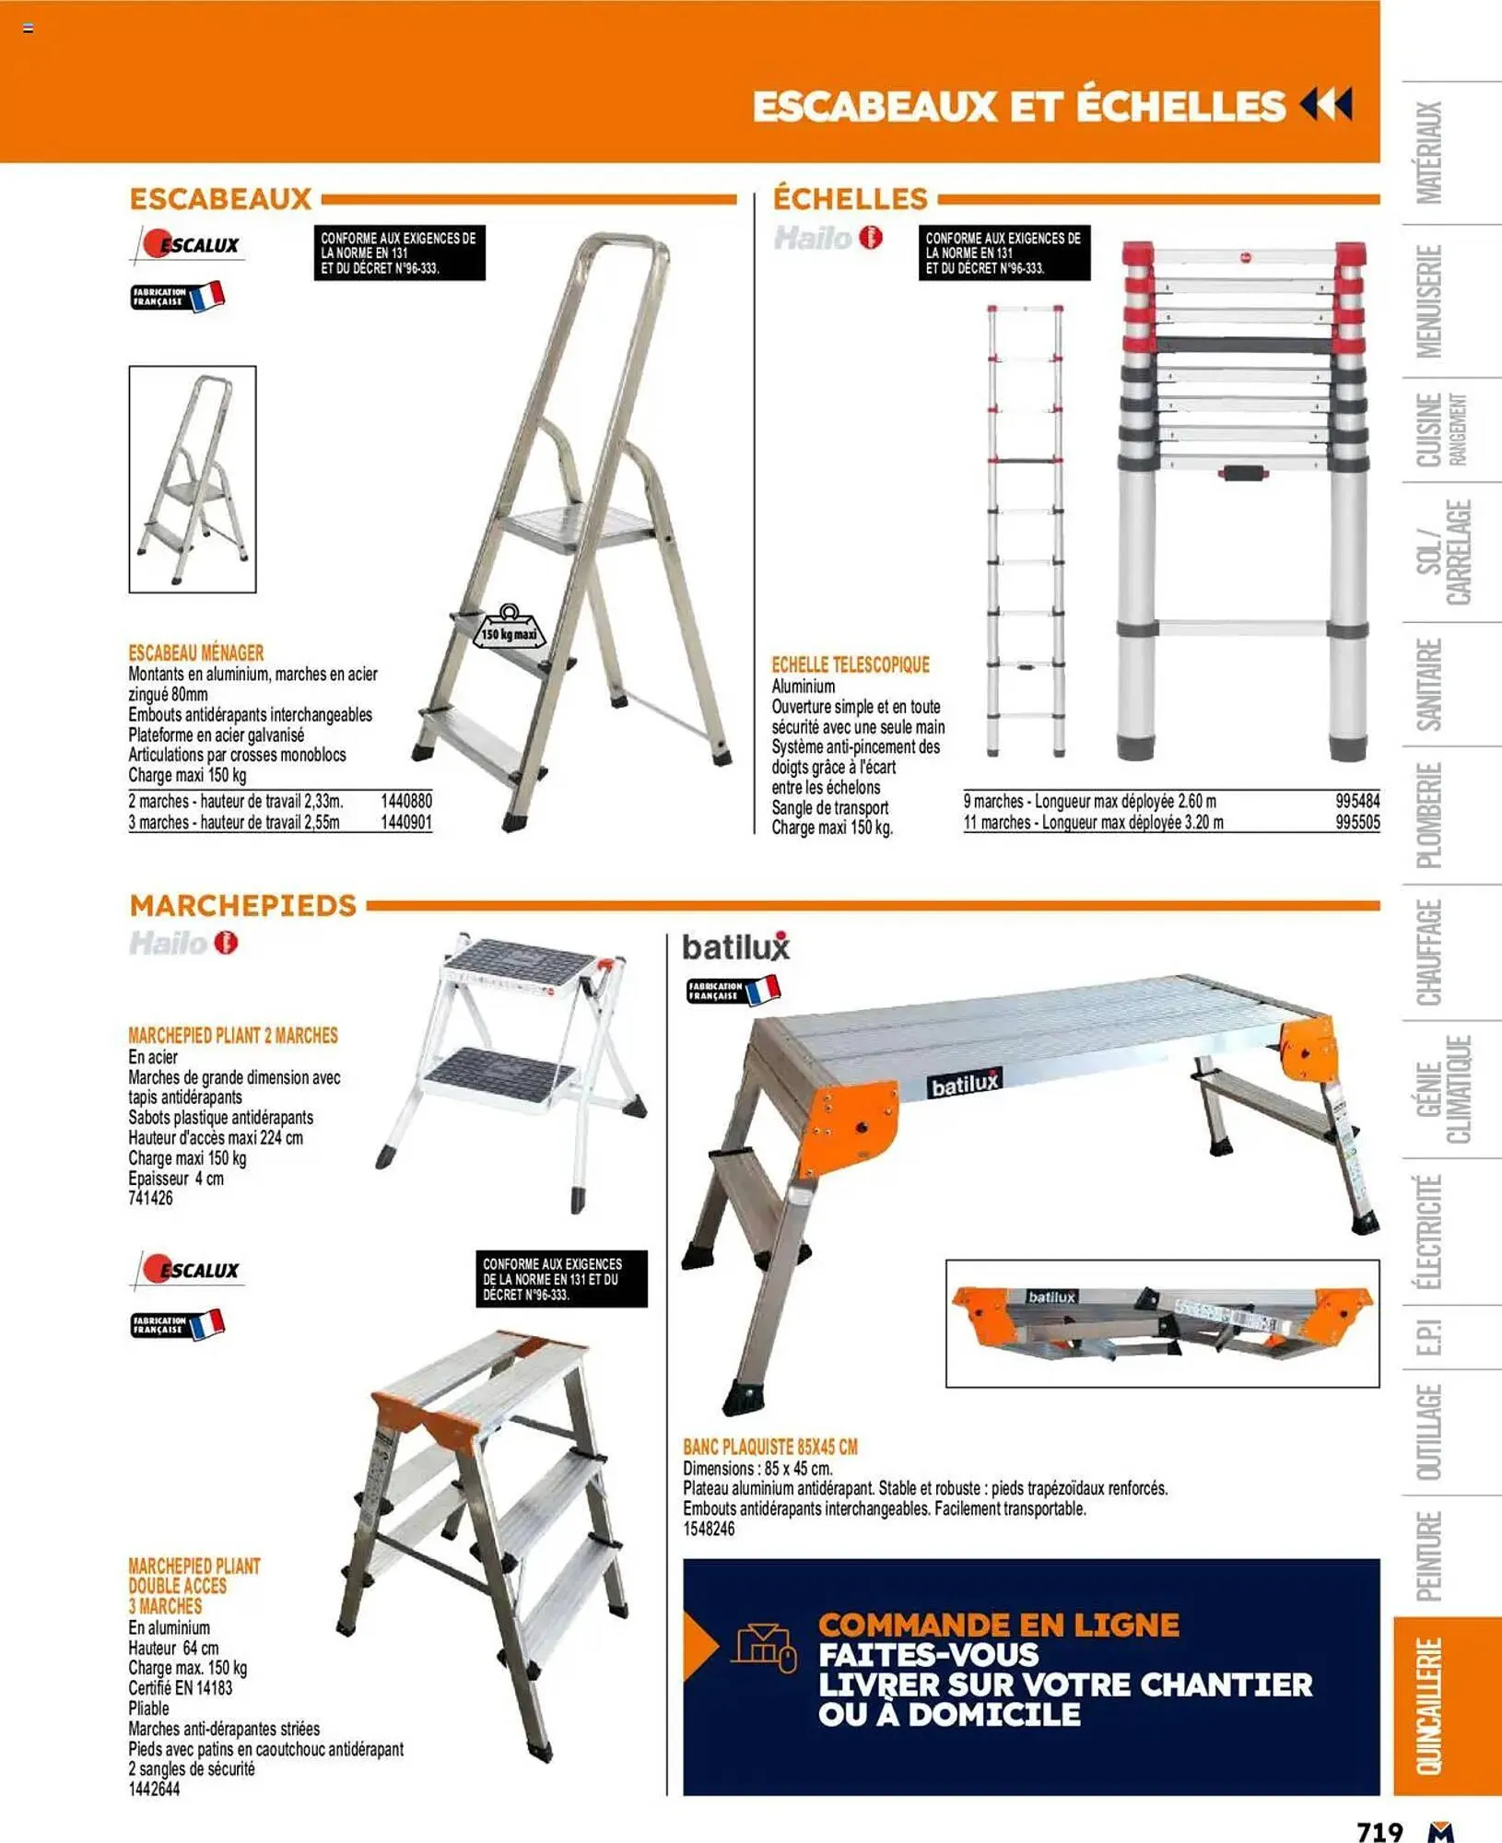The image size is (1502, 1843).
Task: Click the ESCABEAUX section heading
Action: click(220, 199)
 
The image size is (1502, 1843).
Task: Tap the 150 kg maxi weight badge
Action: click(510, 630)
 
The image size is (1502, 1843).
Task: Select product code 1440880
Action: click(405, 802)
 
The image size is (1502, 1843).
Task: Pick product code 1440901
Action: click(405, 823)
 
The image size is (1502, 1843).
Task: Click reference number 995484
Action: click(1357, 802)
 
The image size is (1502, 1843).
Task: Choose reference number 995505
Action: click(1357, 823)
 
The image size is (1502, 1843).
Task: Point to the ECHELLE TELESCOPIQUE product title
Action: click(850, 665)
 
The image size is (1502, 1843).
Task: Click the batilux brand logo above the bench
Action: click(735, 947)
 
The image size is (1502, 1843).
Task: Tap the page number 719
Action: click(1379, 1831)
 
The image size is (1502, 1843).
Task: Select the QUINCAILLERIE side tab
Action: click(1429, 1706)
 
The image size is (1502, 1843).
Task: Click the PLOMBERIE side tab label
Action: click(1429, 816)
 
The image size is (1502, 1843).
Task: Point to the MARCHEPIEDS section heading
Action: click(242, 906)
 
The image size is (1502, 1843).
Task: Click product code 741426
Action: click(150, 1199)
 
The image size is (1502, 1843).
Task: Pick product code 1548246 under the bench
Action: click(709, 1530)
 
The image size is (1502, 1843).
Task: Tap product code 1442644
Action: click(154, 1790)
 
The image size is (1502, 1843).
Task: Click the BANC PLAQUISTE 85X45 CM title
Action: click(769, 1448)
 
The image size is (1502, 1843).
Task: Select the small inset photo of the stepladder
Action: click(193, 479)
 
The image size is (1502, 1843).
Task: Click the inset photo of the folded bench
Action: click(1162, 1323)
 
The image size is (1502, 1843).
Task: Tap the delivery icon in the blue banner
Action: click(764, 1649)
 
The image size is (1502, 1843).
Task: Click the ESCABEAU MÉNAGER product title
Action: click(195, 653)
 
